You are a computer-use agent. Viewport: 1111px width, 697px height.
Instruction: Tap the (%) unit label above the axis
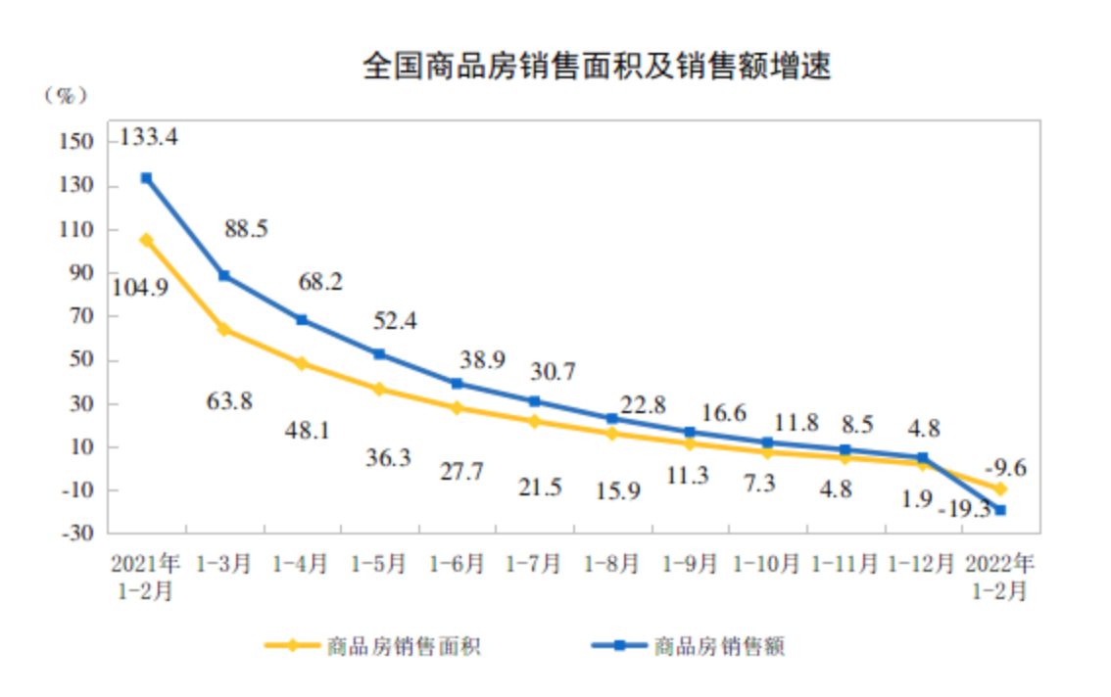click(x=67, y=96)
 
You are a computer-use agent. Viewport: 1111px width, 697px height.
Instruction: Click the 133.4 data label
click(x=148, y=138)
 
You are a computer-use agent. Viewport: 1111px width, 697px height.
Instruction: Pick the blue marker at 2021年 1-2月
click(x=146, y=178)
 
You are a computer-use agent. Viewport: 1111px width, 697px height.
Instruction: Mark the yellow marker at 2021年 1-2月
click(x=146, y=240)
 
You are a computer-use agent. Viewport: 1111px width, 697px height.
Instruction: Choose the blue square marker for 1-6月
click(x=457, y=384)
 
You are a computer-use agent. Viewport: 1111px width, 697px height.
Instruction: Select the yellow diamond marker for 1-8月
click(x=611, y=433)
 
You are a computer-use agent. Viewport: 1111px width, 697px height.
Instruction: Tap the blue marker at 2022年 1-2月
click(x=1000, y=509)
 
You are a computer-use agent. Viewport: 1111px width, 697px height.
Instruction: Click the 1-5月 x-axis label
click(x=379, y=565)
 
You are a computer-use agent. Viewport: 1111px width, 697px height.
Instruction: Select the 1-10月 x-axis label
click(x=767, y=565)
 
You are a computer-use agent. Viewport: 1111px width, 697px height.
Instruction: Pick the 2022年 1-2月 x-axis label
click(x=999, y=578)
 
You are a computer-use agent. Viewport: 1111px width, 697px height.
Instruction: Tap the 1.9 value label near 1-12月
click(x=917, y=499)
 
